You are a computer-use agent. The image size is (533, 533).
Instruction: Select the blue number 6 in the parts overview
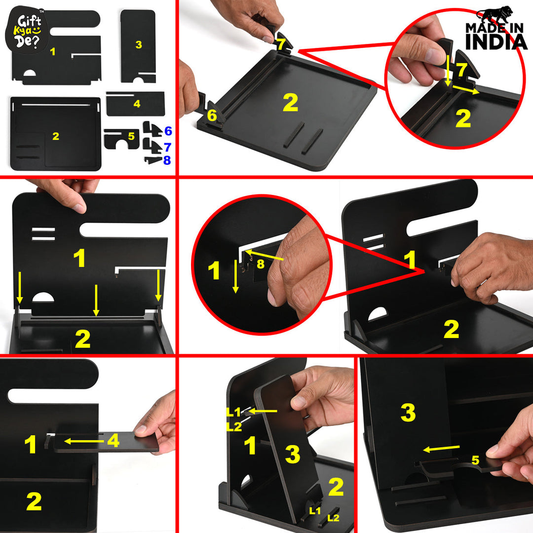[168, 131]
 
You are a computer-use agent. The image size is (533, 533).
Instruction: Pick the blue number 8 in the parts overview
[167, 160]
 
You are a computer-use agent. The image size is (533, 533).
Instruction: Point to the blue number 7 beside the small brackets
[167, 147]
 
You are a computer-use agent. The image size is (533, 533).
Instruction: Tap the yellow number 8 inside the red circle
[260, 264]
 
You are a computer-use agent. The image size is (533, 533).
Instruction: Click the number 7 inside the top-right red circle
[461, 70]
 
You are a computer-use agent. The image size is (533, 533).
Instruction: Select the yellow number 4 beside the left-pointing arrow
[113, 441]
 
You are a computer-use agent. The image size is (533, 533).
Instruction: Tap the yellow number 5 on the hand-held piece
[475, 460]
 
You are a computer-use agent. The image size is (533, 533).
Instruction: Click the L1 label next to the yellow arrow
[233, 411]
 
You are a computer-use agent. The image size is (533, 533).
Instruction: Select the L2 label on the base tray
[334, 518]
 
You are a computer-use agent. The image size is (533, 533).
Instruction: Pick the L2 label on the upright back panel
[234, 426]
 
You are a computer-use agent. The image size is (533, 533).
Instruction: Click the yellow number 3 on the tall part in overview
[139, 45]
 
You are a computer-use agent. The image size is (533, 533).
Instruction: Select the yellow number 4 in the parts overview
[137, 104]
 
